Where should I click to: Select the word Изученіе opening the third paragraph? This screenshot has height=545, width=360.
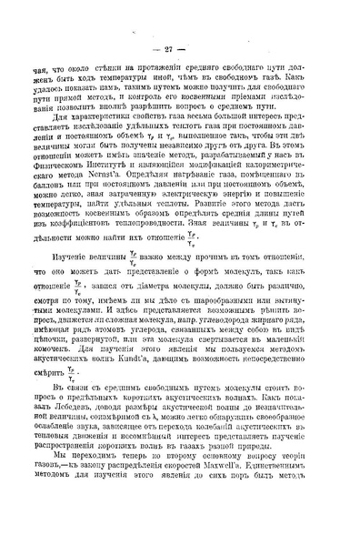74,259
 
